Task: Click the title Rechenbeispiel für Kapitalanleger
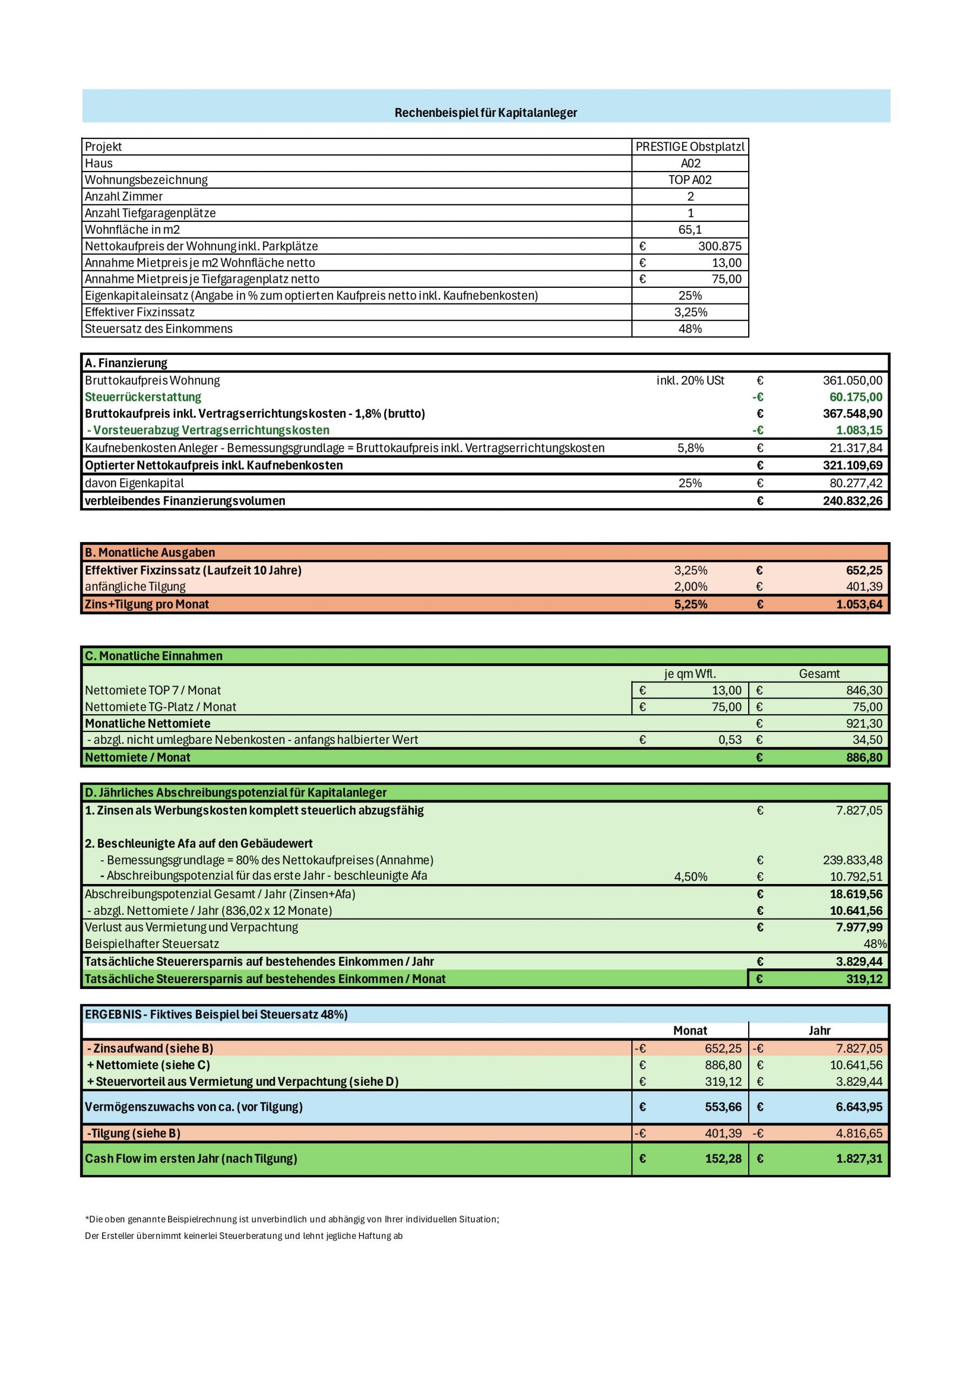point(485,113)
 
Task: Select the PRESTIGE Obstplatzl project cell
point(690,147)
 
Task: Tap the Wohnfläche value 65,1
point(690,230)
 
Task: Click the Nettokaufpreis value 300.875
point(719,246)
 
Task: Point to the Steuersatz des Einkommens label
point(158,329)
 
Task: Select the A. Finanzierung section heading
point(126,363)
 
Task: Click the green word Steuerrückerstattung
point(143,397)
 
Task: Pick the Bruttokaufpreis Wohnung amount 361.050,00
point(852,381)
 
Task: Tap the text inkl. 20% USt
point(690,381)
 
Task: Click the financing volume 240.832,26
point(852,500)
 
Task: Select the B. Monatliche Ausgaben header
point(150,552)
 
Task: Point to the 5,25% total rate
point(690,604)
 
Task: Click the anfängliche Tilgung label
point(135,586)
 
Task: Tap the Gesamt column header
point(818,673)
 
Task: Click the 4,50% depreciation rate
point(690,876)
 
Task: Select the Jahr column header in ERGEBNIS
point(818,1030)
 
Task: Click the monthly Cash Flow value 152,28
point(723,1158)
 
